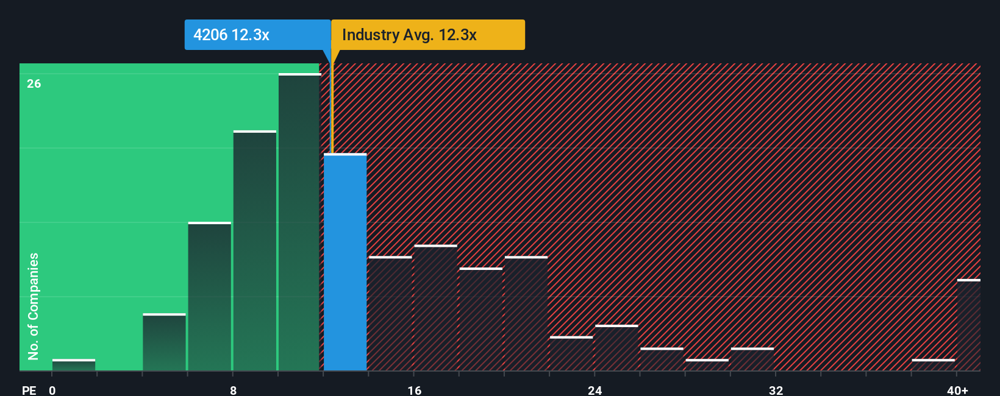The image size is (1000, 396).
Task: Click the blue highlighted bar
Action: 345,262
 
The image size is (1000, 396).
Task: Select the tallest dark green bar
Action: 299,222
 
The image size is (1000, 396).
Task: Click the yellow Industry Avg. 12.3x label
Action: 427,35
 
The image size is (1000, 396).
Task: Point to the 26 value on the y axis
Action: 34,83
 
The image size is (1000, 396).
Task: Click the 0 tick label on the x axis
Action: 52,390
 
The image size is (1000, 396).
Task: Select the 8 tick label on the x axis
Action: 234,390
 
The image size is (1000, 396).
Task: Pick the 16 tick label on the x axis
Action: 415,390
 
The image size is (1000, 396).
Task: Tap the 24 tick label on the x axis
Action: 595,390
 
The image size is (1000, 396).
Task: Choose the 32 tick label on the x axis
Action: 776,390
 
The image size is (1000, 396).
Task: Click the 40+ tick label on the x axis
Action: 957,390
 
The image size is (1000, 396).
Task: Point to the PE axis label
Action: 29,390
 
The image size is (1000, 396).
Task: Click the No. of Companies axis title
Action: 34,306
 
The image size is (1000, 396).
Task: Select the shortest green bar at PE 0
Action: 74,365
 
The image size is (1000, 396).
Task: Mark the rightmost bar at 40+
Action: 968,325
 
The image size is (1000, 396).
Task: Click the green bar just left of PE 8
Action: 210,297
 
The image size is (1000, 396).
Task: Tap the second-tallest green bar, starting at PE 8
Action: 255,251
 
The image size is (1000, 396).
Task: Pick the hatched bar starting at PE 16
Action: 435,308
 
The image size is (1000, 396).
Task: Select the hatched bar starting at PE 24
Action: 616,348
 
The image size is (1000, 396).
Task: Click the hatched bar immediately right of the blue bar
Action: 390,314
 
